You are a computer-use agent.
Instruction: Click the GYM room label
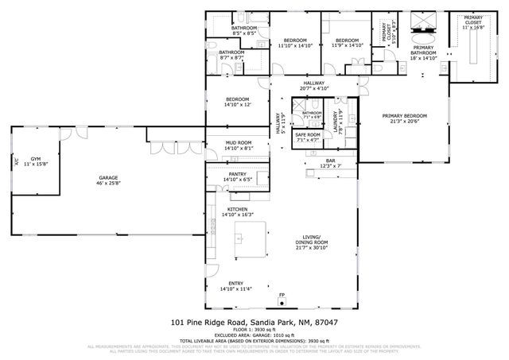pyautogui.click(x=35, y=160)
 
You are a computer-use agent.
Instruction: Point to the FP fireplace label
pyautogui.click(x=282, y=296)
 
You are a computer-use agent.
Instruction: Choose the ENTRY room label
pyautogui.click(x=237, y=284)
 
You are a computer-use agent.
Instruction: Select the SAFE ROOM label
pyautogui.click(x=308, y=135)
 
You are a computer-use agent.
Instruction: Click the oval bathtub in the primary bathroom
pyautogui.click(x=422, y=35)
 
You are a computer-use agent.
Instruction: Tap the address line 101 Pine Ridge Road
pyautogui.click(x=254, y=323)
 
